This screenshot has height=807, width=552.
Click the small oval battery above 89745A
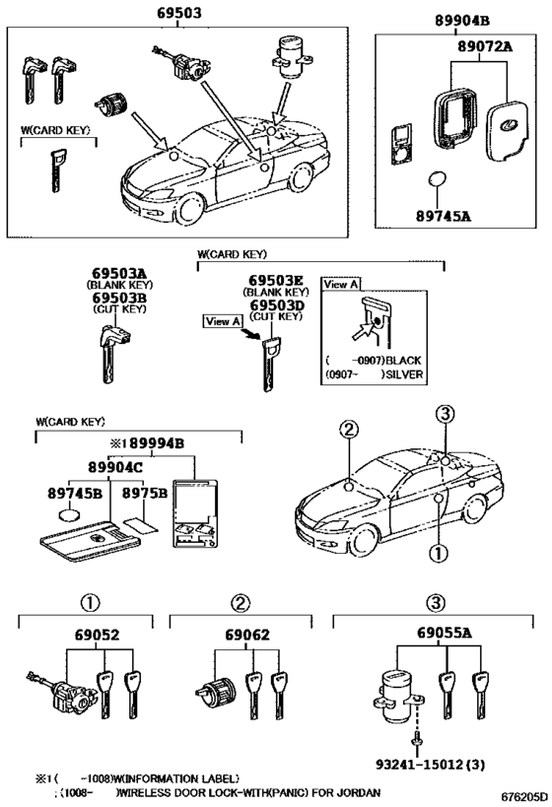coord(440,183)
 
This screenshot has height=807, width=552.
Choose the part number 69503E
coord(276,279)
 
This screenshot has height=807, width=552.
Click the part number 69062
coord(238,638)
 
